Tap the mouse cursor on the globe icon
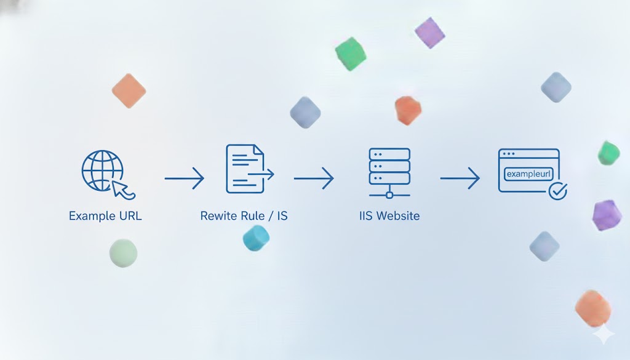[x=123, y=190]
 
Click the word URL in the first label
[x=130, y=216]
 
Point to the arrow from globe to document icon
[x=185, y=178]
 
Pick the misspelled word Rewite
[x=219, y=216]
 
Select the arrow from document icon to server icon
[x=314, y=178]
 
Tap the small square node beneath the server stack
[x=389, y=195]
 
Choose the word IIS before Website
[x=366, y=216]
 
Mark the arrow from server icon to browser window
[x=460, y=178]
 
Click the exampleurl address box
[x=528, y=174]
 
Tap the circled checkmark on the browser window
[x=557, y=191]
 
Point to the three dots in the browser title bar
[x=509, y=153]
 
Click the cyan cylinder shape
[x=256, y=238]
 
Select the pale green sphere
[x=123, y=253]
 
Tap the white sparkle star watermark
[x=604, y=334]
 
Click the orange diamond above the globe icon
[x=129, y=91]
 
